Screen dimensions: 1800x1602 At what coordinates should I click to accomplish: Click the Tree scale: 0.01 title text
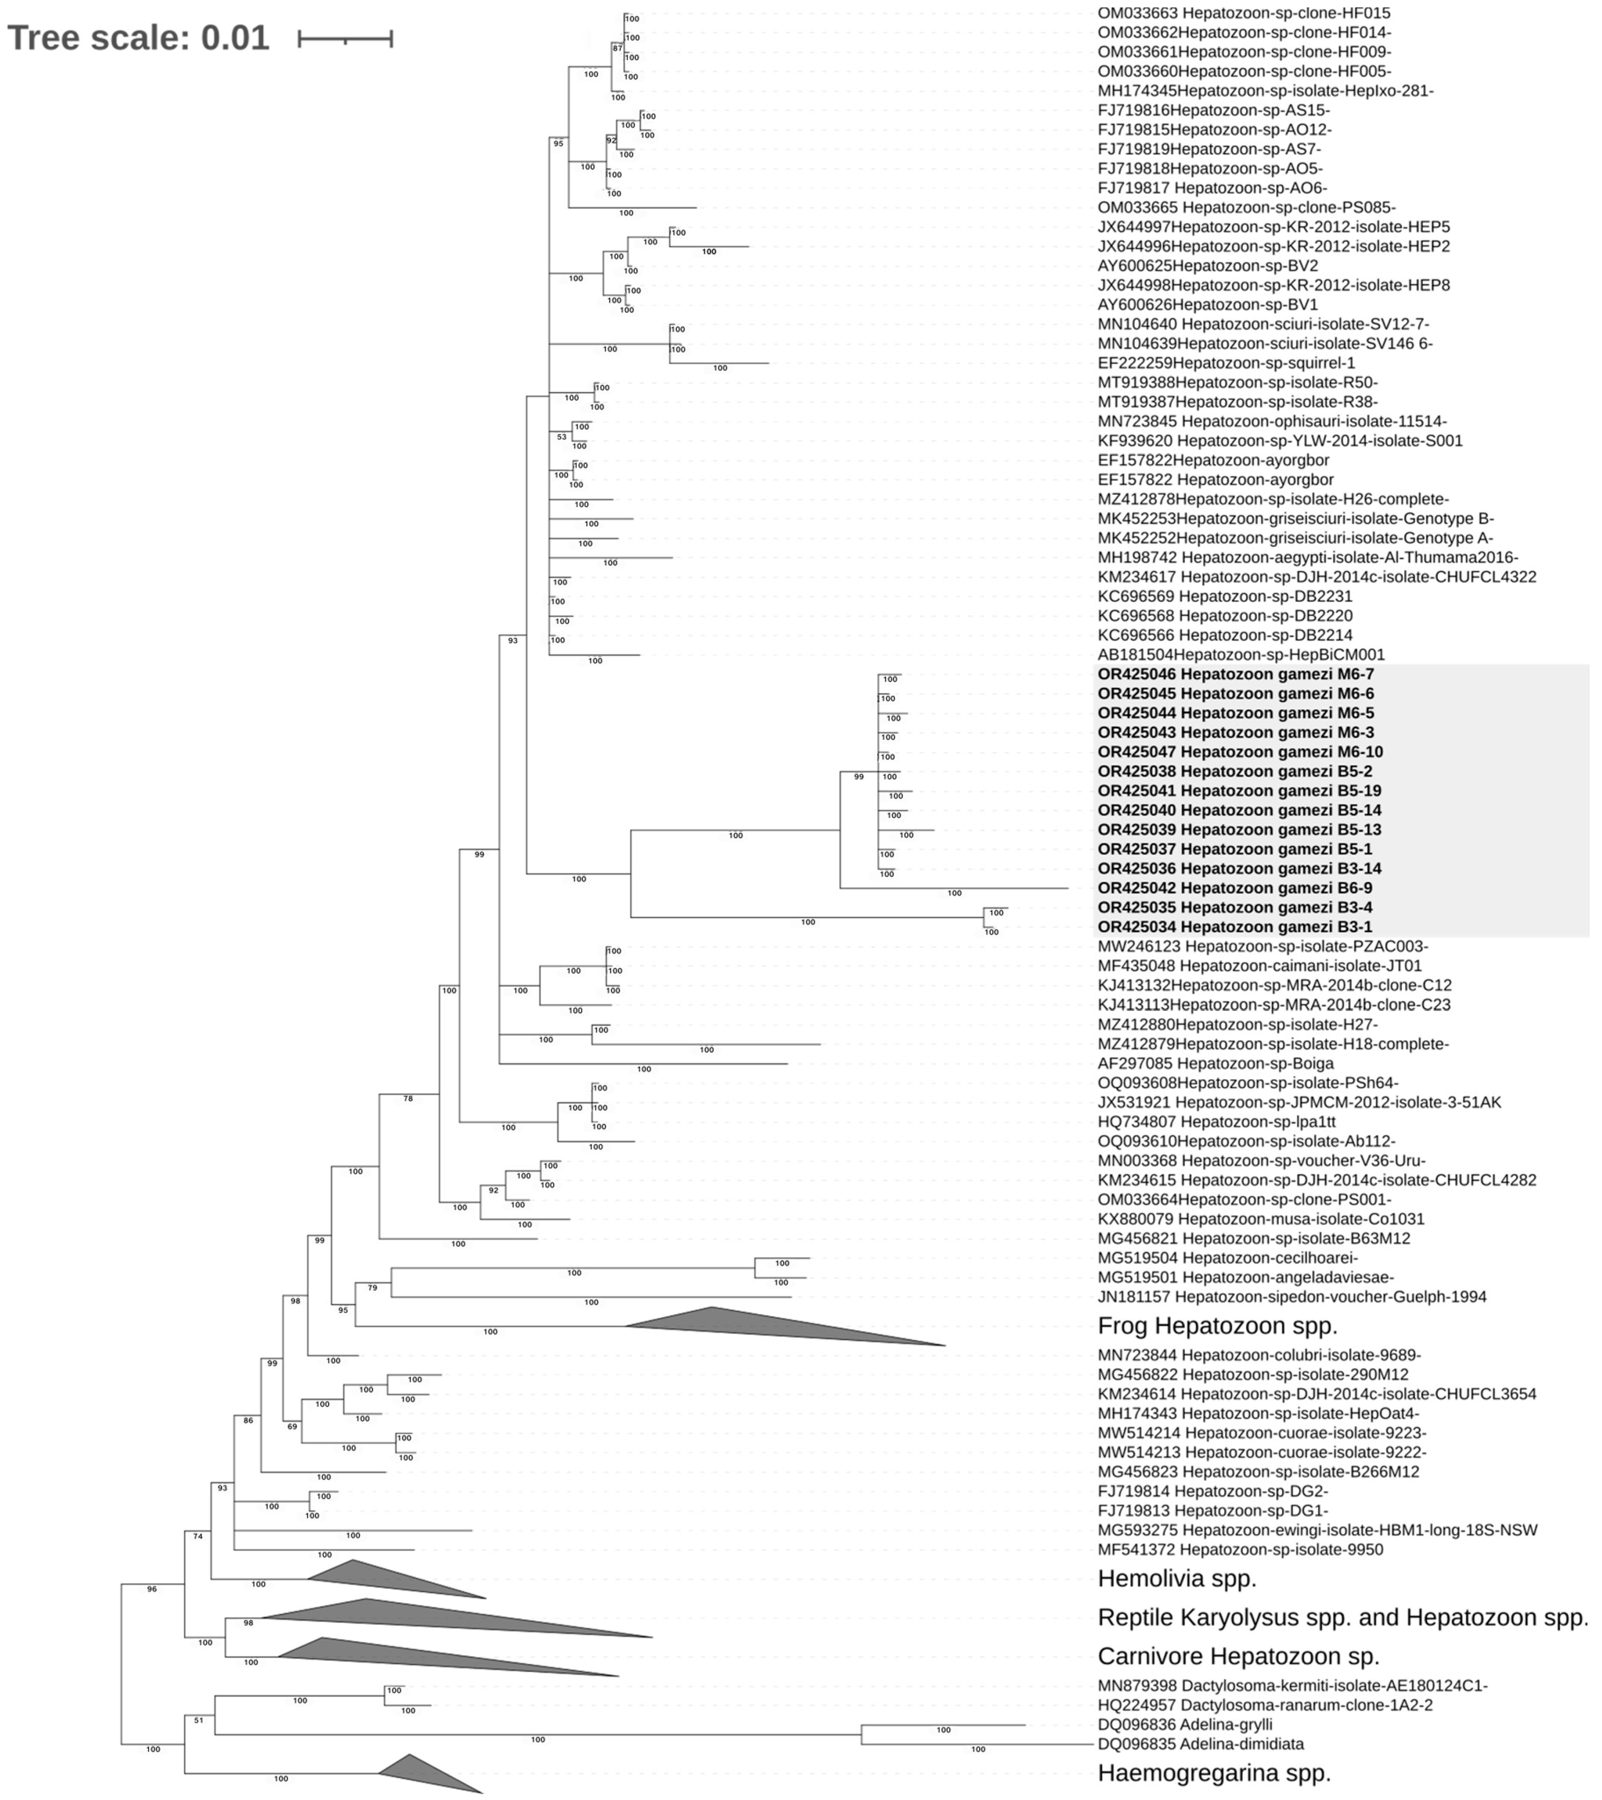pyautogui.click(x=138, y=38)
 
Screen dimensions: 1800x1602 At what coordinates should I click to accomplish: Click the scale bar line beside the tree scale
pyautogui.click(x=345, y=38)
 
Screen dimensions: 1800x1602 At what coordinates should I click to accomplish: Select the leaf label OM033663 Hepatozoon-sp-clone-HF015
pyautogui.click(x=1244, y=13)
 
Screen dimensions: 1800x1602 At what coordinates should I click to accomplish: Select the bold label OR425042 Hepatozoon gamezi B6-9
pyautogui.click(x=1234, y=888)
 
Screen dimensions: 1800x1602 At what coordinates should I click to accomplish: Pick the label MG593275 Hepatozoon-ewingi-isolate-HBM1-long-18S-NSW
pyautogui.click(x=1317, y=1530)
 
